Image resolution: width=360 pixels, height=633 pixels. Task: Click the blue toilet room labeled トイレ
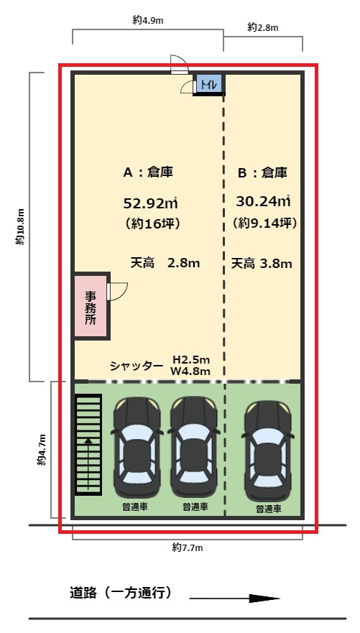208,85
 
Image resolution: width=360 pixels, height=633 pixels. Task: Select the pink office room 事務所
91,305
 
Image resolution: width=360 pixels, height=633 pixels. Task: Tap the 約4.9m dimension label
148,21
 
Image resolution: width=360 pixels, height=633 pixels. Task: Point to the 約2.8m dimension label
263,27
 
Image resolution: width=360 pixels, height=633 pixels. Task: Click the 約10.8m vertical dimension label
21,227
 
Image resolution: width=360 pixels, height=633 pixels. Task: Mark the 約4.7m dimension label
42,450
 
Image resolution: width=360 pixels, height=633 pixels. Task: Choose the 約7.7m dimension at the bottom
188,547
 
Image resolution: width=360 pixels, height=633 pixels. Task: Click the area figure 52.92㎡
150,203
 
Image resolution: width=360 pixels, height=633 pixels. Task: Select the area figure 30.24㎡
263,200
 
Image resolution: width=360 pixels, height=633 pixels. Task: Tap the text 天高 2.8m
165,263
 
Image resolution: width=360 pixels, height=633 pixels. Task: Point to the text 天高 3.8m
262,264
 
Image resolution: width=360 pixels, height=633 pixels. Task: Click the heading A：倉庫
148,172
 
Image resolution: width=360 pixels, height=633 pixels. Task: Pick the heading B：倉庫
262,173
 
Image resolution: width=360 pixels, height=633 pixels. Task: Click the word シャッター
137,366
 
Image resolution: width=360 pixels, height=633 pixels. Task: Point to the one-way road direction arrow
234,599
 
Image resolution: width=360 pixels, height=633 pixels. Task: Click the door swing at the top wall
180,64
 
